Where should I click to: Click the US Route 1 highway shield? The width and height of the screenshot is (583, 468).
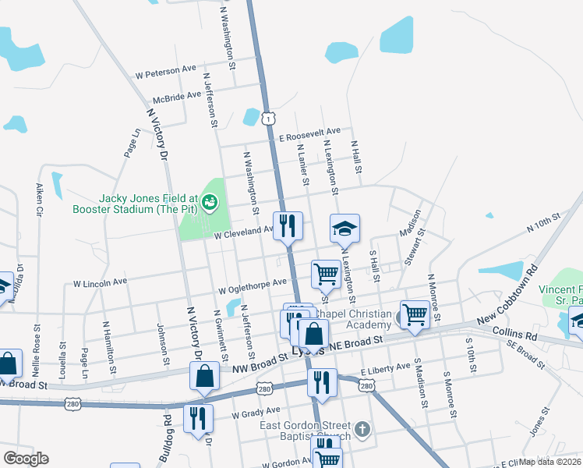pos(268,118)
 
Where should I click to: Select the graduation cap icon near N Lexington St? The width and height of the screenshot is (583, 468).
pos(345,229)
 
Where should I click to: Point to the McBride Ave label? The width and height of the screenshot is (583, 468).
pos(178,97)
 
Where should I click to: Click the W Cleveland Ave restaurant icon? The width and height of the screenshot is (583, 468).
pos(288,227)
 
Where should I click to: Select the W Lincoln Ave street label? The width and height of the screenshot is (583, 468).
pos(100,282)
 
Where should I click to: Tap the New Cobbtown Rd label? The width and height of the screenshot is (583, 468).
pos(508,300)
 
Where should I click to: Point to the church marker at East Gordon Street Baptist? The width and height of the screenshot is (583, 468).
pos(362,429)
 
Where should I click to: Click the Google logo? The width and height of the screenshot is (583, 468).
pos(26,459)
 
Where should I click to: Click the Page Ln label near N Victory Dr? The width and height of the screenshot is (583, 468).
pos(131,144)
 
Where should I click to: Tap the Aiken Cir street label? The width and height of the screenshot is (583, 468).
pos(38,200)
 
